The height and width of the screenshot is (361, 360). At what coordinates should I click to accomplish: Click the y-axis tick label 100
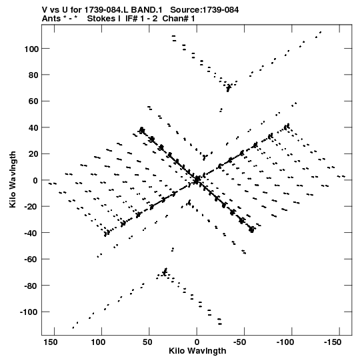[x=31, y=49]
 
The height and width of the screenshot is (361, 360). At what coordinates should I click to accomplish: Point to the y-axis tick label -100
[x=29, y=312]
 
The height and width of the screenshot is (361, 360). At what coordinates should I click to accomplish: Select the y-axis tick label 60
[x=33, y=101]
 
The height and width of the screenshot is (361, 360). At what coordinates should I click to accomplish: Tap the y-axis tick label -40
[x=31, y=233]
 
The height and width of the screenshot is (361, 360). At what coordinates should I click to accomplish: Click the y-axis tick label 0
[x=35, y=180]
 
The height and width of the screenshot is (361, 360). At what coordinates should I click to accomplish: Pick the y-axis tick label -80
[x=31, y=286]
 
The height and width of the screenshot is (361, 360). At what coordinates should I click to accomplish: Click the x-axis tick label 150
[x=51, y=342]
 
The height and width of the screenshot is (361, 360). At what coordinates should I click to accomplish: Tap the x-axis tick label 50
[x=147, y=342]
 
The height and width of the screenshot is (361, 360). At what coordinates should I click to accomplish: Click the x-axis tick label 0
[x=197, y=342]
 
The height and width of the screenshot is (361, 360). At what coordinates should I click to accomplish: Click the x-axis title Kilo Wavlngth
[x=197, y=351]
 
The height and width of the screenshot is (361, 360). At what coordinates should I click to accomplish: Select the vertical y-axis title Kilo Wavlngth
[x=13, y=179]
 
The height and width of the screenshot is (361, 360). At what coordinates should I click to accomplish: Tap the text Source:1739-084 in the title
[x=204, y=10]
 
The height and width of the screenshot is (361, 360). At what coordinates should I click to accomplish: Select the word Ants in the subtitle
[x=51, y=19]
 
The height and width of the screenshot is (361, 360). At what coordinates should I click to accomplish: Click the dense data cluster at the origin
[x=197, y=180]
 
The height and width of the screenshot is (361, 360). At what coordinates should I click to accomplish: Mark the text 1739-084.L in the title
[x=107, y=10]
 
